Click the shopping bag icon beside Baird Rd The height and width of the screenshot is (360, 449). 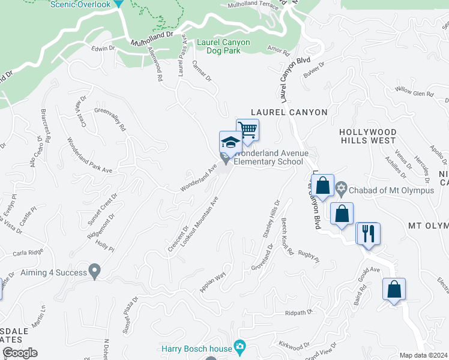coord(394,289)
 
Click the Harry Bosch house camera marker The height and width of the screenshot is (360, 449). coord(240,346)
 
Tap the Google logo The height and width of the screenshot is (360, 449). coord(19,353)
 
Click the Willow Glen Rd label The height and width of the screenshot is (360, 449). coord(414,92)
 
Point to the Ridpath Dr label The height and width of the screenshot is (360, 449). coord(300,313)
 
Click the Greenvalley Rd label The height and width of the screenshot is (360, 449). coord(111,119)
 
